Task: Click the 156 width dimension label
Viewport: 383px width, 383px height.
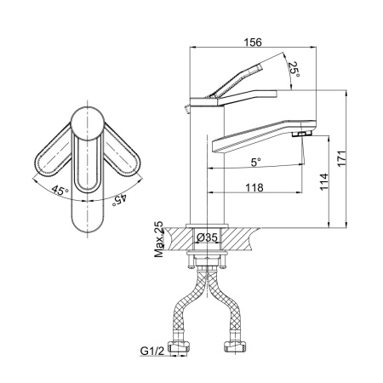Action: click(x=253, y=43)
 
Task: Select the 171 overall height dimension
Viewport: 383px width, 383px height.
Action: click(x=342, y=158)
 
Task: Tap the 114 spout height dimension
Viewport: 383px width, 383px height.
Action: click(x=323, y=182)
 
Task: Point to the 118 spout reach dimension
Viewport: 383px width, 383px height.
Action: click(x=254, y=187)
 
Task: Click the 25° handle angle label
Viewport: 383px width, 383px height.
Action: click(x=294, y=70)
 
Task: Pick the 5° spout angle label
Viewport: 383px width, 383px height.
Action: click(x=255, y=163)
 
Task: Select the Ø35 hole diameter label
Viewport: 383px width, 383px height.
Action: click(x=207, y=237)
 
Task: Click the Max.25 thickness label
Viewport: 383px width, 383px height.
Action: click(x=159, y=239)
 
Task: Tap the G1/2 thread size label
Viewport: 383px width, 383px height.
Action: click(x=152, y=352)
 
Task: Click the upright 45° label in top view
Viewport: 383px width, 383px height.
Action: click(x=60, y=191)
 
